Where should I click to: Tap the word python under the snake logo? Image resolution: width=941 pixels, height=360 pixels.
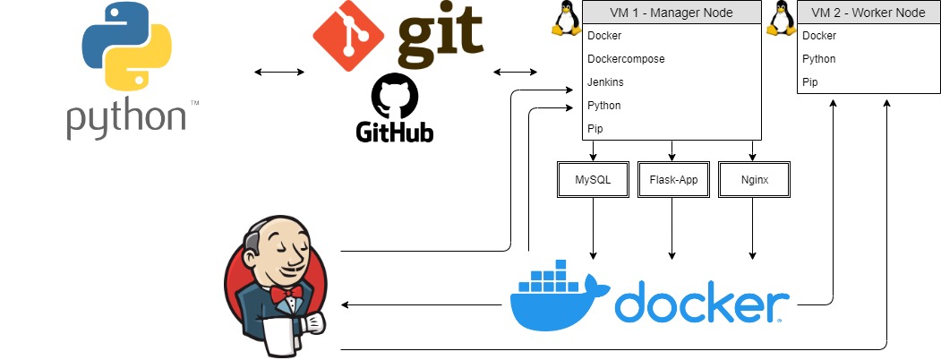pyautogui.click(x=125, y=118)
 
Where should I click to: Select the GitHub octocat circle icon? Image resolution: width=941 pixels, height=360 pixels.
pyautogui.click(x=395, y=96)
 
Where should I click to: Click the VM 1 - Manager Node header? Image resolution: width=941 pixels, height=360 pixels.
pyautogui.click(x=672, y=13)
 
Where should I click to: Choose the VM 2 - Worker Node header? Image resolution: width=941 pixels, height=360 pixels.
pyautogui.click(x=869, y=13)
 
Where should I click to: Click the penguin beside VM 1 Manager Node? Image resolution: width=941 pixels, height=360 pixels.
pyautogui.click(x=563, y=19)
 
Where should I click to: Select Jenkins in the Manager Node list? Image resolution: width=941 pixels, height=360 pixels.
pyautogui.click(x=605, y=82)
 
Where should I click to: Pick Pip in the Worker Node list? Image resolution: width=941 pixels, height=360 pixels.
pyautogui.click(x=809, y=82)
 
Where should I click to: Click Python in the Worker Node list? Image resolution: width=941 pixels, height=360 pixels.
pyautogui.click(x=818, y=59)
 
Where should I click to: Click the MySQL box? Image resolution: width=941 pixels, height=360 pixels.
pyautogui.click(x=594, y=179)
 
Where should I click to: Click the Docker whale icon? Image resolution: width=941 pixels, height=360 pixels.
pyautogui.click(x=559, y=299)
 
